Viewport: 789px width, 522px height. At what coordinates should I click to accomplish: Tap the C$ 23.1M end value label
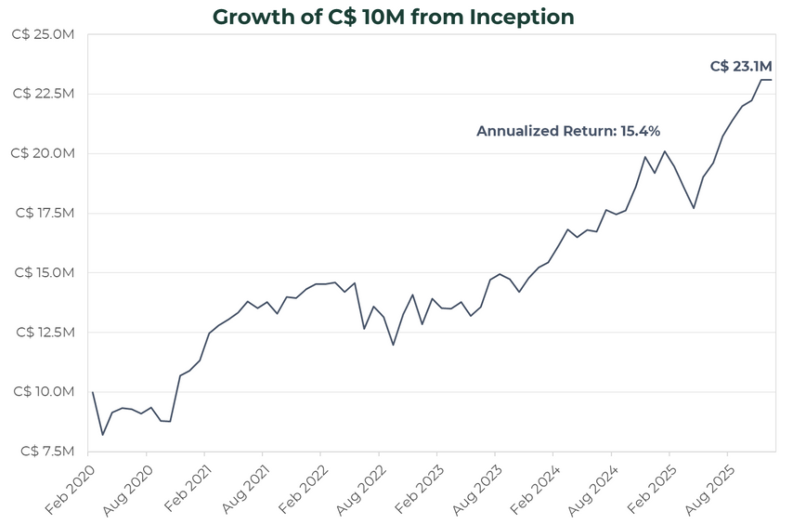741,66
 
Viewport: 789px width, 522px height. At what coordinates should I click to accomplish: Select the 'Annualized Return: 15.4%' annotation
568,131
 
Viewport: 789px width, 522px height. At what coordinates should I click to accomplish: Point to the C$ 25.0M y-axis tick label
43,34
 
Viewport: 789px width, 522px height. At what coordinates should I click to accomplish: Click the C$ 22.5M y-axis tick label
43,94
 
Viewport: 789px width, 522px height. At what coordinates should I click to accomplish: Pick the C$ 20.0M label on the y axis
43,153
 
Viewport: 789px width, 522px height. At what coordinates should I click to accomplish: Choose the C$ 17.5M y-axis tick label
45,213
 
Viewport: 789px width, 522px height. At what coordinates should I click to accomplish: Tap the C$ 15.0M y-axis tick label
44,272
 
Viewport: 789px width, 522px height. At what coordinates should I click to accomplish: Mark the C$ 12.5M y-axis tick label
45,332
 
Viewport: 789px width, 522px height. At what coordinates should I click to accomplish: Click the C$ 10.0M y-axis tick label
44,391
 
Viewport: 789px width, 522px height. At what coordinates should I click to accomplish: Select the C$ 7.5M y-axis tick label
47,451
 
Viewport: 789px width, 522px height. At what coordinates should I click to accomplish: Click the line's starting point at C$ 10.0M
93,392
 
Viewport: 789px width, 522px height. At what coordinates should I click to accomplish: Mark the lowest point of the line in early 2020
102,435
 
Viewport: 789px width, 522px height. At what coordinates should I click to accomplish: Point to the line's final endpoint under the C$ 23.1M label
771,80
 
